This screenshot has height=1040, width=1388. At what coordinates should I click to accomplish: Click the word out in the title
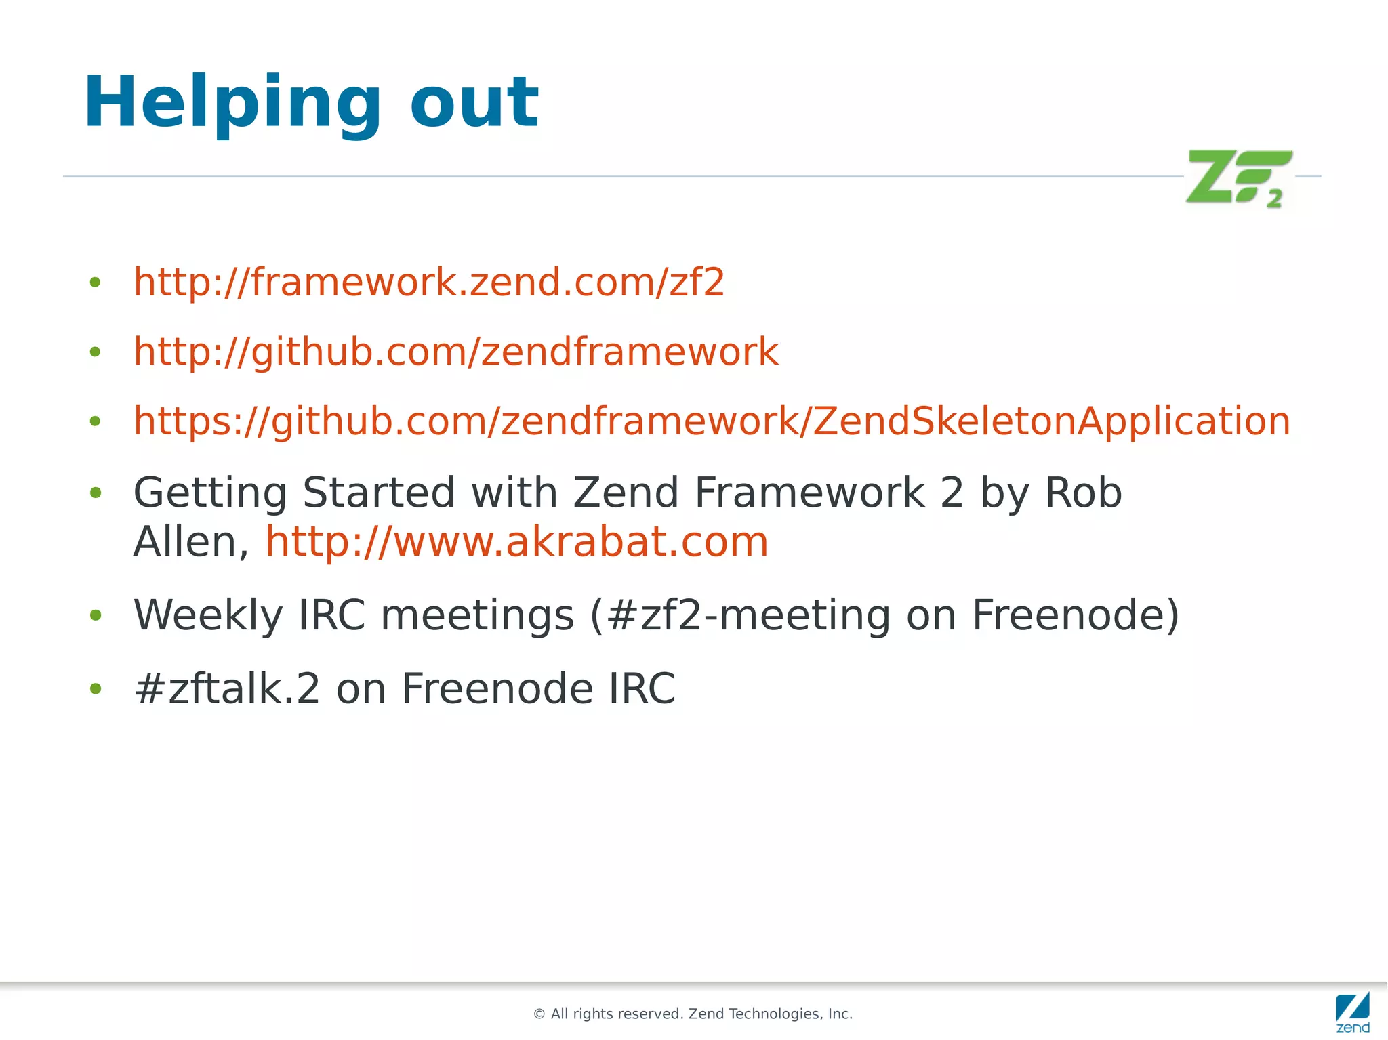474,103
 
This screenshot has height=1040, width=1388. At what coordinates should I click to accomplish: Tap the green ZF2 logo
1238,178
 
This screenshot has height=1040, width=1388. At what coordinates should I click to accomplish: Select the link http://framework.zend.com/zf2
429,282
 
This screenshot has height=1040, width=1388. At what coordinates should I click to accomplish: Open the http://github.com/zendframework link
456,352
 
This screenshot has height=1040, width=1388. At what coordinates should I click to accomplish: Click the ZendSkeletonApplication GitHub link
712,421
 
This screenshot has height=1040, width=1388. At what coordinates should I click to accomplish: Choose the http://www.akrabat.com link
516,542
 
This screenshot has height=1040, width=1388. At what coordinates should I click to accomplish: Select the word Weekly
207,615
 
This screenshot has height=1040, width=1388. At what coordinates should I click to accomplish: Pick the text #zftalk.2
227,688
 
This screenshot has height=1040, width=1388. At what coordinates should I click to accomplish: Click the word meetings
477,615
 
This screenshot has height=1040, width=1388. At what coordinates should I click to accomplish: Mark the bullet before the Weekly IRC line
96,615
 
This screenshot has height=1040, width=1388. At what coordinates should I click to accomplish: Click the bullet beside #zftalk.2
96,689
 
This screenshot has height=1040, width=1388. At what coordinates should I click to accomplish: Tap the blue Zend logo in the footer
1352,1012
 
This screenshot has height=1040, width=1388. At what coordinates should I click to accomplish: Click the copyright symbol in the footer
539,1014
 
